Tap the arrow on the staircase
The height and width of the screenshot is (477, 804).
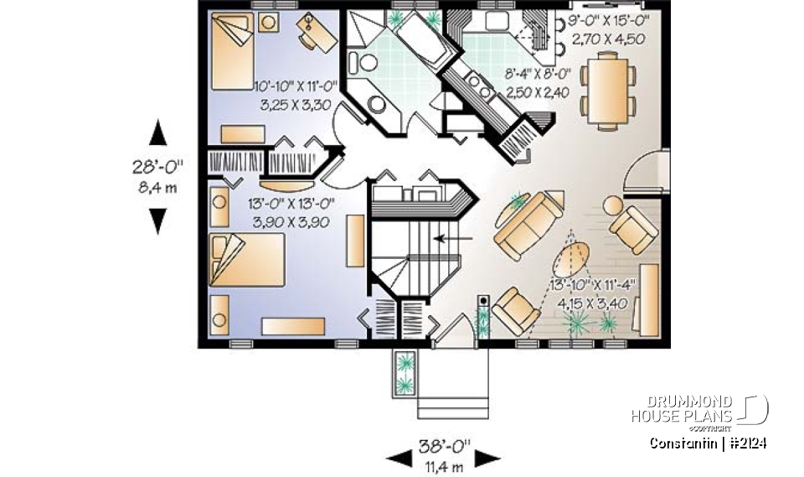click(451, 238)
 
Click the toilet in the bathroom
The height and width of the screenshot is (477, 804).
click(365, 61)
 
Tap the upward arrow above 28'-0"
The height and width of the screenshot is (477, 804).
click(157, 133)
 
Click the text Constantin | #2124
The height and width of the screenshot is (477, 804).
click(709, 443)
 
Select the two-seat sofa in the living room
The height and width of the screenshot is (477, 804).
click(531, 225)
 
